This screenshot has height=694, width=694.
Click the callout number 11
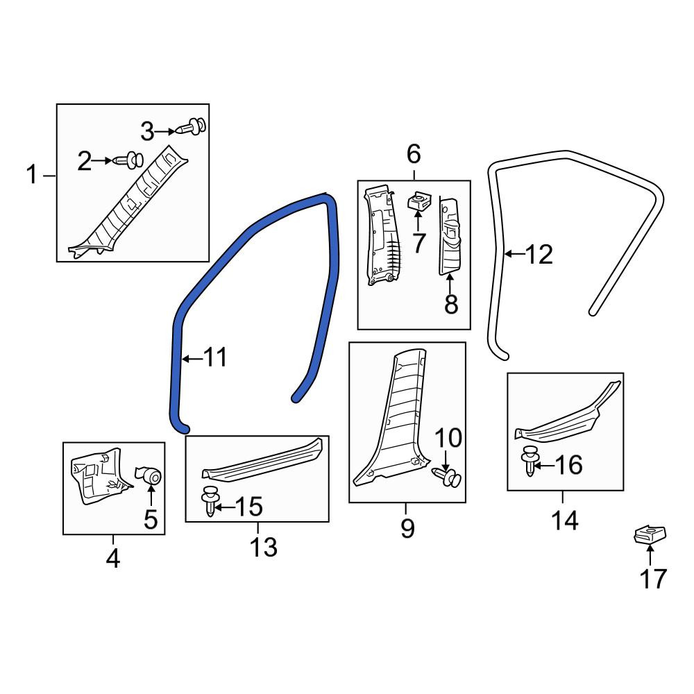(x=216, y=357)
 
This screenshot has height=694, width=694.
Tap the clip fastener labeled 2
(x=128, y=161)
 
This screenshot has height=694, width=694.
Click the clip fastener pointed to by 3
(x=191, y=126)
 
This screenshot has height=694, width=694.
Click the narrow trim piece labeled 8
(x=449, y=237)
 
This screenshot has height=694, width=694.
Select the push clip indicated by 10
(x=446, y=477)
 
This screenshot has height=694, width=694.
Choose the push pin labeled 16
(x=528, y=462)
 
